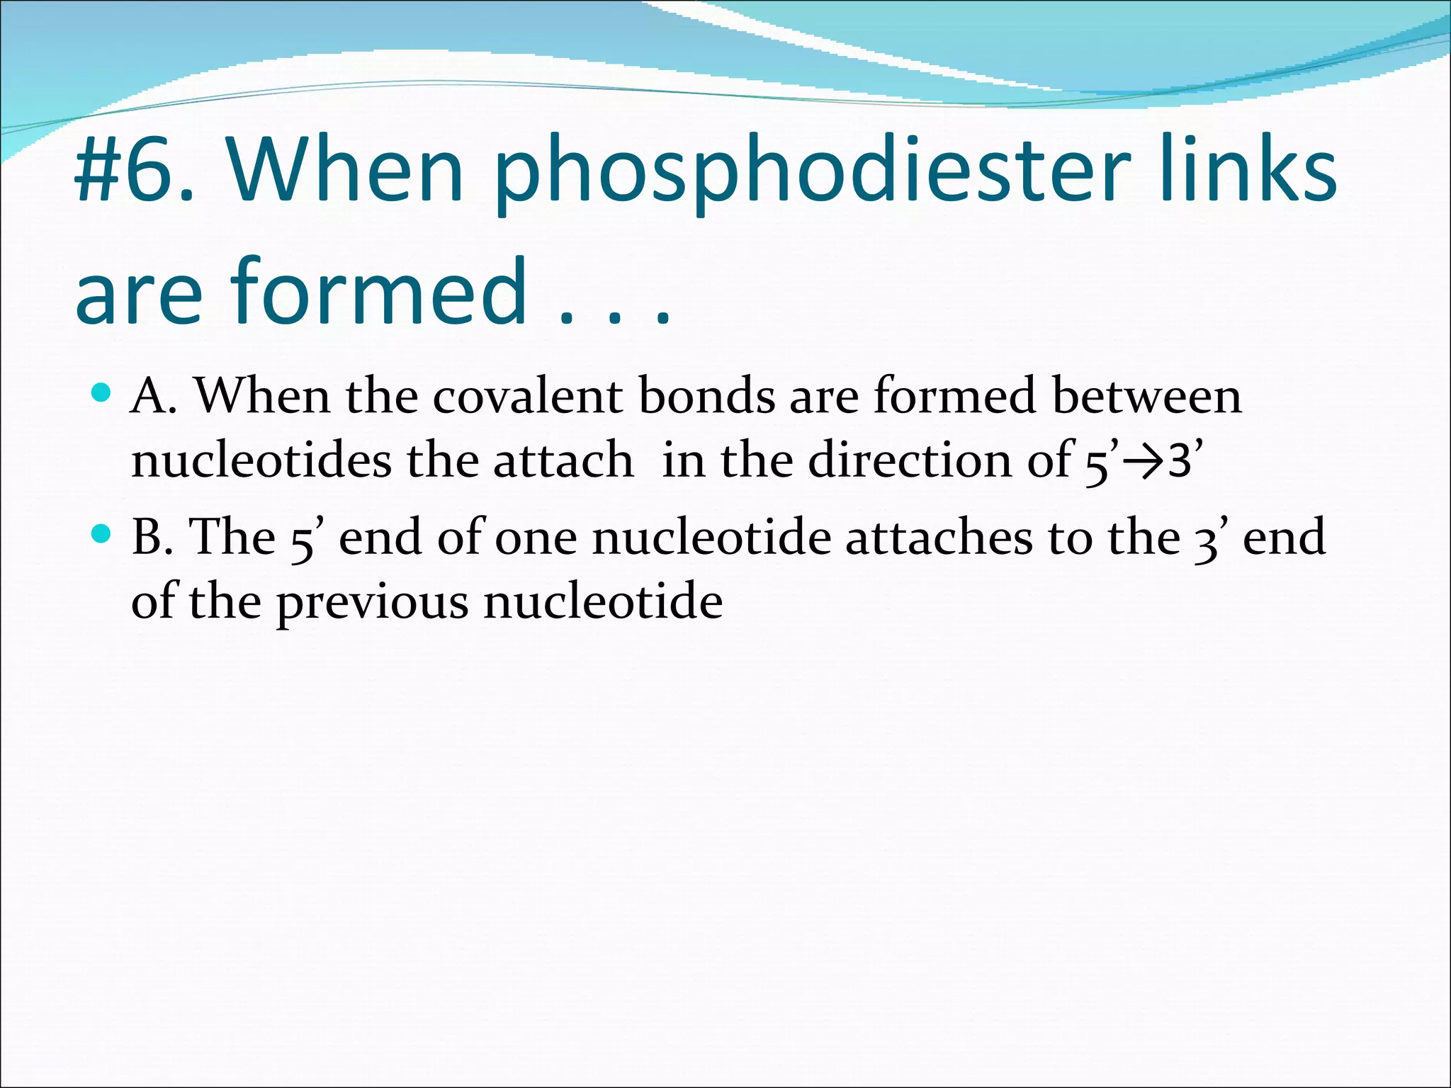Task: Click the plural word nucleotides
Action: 261,460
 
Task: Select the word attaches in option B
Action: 939,536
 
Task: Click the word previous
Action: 373,603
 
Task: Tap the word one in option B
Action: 536,538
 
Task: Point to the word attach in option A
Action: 563,460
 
